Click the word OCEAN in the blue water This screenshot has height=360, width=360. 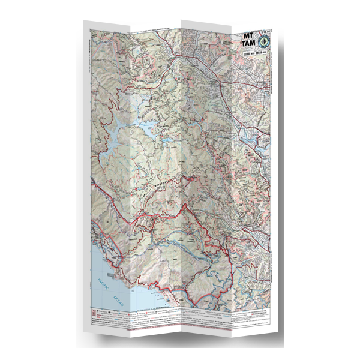pos(118,300)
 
